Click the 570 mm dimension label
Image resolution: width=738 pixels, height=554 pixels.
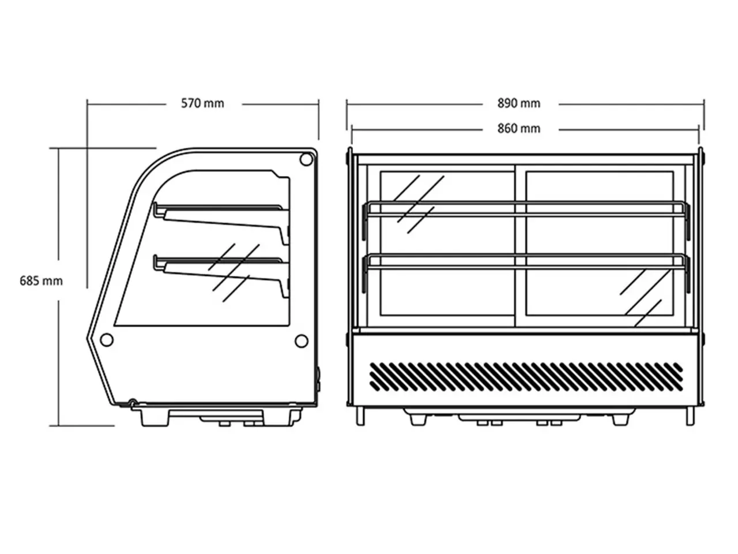[202, 103]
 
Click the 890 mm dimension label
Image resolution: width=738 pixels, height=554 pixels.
[519, 103]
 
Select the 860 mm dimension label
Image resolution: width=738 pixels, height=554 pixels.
[519, 129]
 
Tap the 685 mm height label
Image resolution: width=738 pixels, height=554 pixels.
[41, 281]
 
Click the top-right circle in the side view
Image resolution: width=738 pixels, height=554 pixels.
[306, 159]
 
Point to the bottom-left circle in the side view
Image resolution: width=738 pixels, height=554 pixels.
[107, 340]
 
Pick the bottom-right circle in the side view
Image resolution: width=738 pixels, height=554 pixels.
[301, 341]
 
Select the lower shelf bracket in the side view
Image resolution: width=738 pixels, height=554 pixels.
[221, 275]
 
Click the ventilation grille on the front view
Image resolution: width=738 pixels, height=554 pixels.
[526, 377]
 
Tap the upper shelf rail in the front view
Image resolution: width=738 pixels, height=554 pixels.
[526, 209]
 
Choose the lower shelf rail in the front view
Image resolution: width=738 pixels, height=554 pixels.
[526, 261]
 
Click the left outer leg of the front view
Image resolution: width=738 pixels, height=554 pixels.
[360, 417]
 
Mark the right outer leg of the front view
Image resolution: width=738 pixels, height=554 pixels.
[690, 417]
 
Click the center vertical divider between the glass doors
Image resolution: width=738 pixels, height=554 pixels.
[520, 246]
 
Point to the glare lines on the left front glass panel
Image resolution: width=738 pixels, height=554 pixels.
[418, 204]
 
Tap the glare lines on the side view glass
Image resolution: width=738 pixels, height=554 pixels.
[234, 273]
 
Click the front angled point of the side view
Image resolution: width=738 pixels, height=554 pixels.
[88, 336]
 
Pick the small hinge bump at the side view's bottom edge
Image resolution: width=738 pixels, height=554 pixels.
[133, 402]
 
